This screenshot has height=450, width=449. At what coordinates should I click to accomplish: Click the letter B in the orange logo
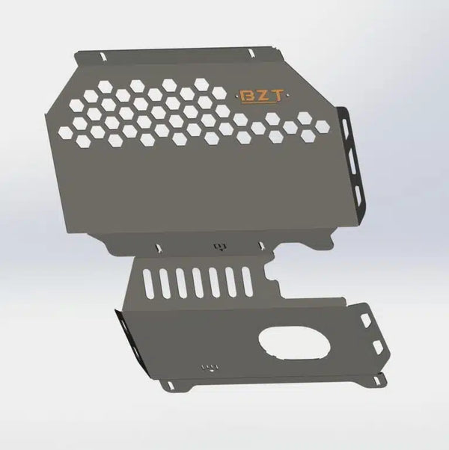click(245, 96)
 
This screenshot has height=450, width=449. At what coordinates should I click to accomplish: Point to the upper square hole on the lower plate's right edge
click(367, 319)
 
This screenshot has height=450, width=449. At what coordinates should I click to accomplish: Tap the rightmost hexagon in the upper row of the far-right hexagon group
click(306, 117)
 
